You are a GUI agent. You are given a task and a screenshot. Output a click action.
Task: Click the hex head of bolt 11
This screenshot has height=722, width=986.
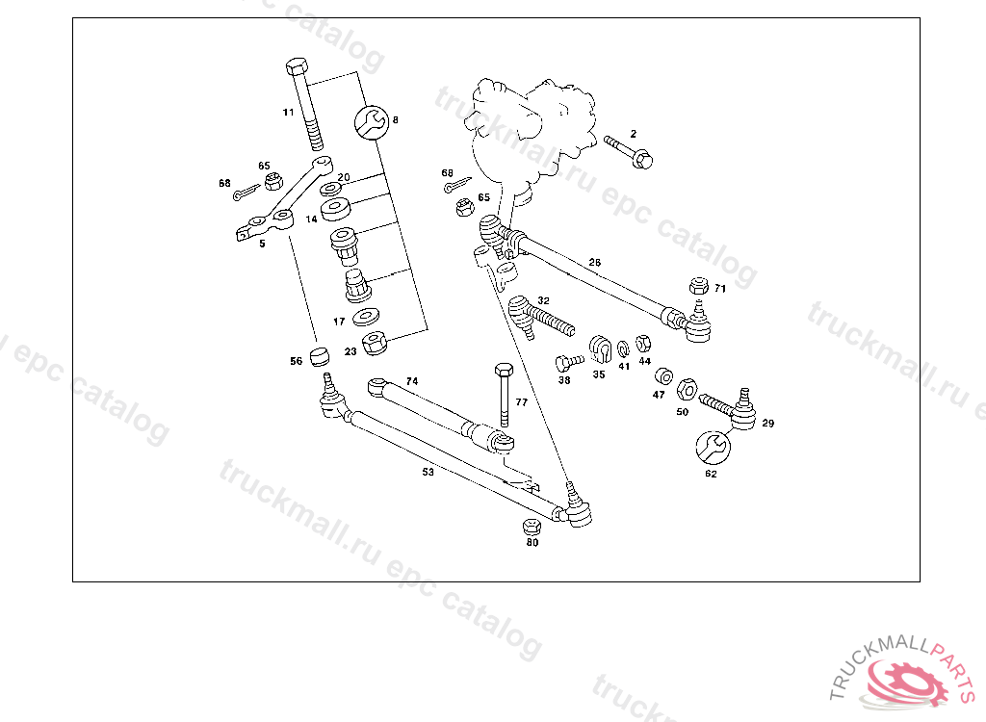click(x=297, y=68)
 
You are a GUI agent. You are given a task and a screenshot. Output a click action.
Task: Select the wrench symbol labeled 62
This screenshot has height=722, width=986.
click(x=712, y=447)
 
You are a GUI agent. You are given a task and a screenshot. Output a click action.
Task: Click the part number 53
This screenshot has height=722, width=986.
click(x=428, y=473)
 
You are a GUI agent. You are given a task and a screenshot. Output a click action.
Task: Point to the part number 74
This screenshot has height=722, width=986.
click(x=411, y=381)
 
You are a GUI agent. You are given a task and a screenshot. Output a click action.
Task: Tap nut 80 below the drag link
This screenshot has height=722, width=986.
click(x=531, y=526)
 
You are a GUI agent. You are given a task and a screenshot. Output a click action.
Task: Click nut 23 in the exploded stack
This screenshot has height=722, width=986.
click(x=375, y=342)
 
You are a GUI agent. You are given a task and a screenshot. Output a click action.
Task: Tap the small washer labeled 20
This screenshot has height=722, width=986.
click(x=329, y=187)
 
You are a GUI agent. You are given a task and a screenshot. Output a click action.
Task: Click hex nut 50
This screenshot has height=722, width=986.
click(x=688, y=389)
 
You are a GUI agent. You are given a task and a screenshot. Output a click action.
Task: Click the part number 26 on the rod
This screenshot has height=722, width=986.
click(x=594, y=262)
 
